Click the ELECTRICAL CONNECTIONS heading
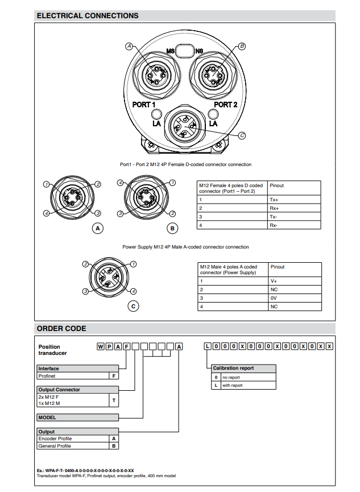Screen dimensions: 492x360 87,15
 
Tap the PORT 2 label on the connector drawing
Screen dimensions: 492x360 226,105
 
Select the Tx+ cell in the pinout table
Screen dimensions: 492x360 274,200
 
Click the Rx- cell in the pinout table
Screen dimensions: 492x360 274,225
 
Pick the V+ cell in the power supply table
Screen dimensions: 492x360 274,281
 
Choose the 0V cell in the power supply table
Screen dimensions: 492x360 274,298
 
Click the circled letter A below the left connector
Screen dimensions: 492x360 98,229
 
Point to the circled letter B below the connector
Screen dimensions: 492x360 173,229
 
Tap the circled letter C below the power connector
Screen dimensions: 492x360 133,306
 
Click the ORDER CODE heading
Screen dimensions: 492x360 61,329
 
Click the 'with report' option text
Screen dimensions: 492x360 232,385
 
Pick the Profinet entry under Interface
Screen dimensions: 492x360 47,376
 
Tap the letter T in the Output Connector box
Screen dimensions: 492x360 114,400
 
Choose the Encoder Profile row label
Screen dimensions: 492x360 55,439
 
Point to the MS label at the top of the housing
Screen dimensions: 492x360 169,52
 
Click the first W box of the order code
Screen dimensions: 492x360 101,346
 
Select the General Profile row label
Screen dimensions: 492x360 55,446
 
